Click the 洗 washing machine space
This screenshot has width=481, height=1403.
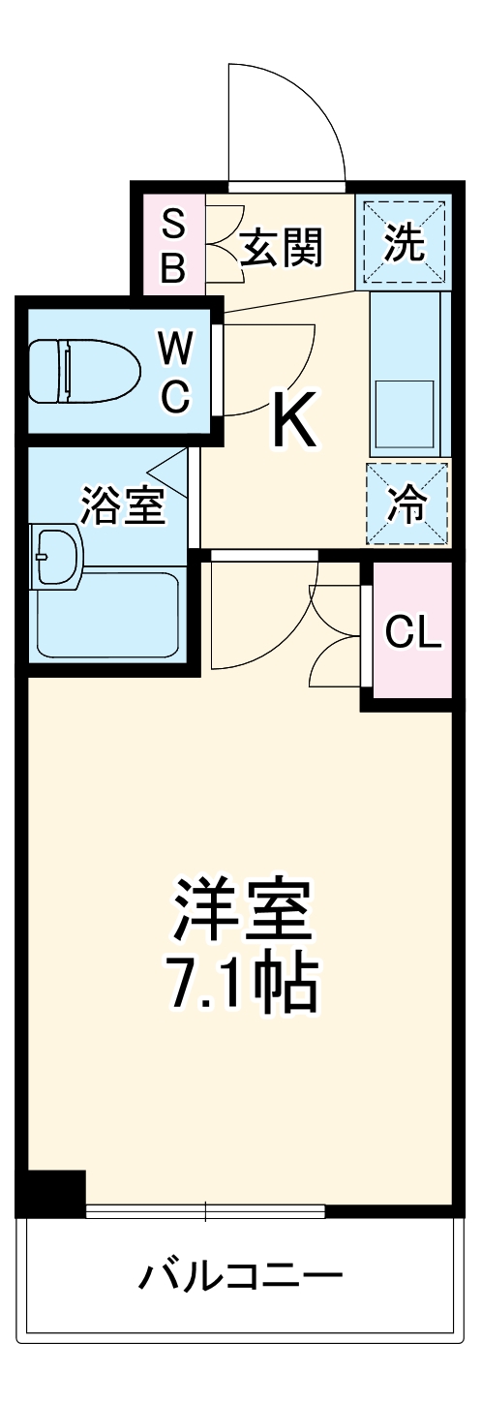[x=405, y=242]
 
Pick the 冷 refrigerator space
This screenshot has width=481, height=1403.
[x=406, y=505]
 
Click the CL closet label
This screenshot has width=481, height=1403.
[x=412, y=633]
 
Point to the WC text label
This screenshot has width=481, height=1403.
[x=175, y=370]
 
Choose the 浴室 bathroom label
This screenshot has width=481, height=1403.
[x=122, y=504]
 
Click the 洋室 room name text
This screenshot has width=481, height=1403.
[x=242, y=906]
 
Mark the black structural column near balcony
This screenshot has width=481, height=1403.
[x=53, y=1193]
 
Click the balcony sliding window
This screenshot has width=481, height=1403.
[x=205, y=1208]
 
